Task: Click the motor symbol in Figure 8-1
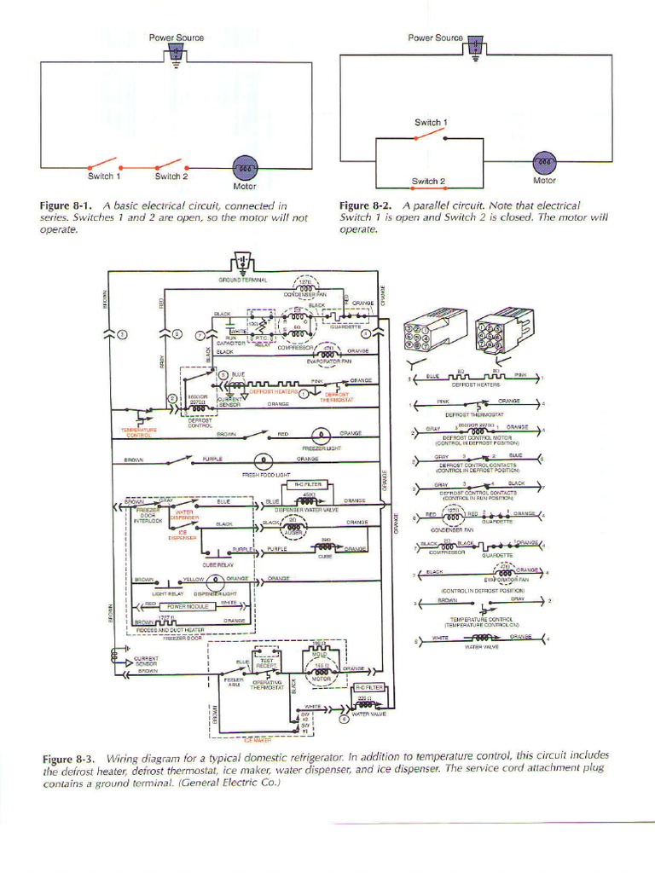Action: [x=245, y=167]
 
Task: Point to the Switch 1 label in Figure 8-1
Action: [x=104, y=176]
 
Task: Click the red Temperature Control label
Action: [x=138, y=432]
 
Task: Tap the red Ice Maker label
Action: [x=256, y=740]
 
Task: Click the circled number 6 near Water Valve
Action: [x=345, y=719]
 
